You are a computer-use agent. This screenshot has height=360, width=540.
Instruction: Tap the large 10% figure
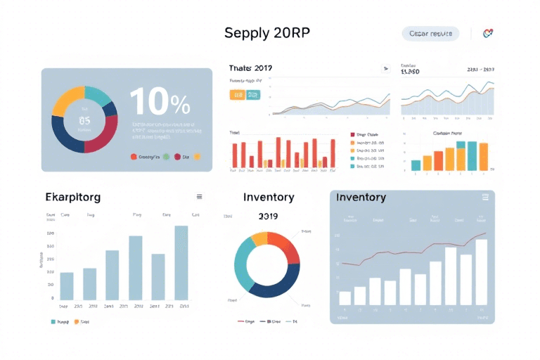coord(160,103)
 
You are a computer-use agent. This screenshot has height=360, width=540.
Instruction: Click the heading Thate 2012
coord(251,68)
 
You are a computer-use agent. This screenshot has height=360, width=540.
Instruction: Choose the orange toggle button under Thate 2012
coord(238,94)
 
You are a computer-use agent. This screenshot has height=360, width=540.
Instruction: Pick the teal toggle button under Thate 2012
coord(253,94)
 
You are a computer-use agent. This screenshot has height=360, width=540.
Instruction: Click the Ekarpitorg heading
coord(73,198)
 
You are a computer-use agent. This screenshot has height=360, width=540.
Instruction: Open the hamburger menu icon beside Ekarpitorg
coord(199,197)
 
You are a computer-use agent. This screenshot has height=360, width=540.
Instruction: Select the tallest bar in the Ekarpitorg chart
coord(181,263)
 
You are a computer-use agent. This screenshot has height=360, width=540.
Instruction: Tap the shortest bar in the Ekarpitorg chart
coord(67,286)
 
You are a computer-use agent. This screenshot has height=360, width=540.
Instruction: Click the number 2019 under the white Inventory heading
coord(269,217)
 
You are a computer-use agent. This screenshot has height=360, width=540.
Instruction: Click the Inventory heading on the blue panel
coord(361,198)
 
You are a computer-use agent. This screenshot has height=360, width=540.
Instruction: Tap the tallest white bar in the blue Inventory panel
coord(481,271)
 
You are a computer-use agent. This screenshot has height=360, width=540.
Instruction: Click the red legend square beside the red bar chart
coord(352,134)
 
